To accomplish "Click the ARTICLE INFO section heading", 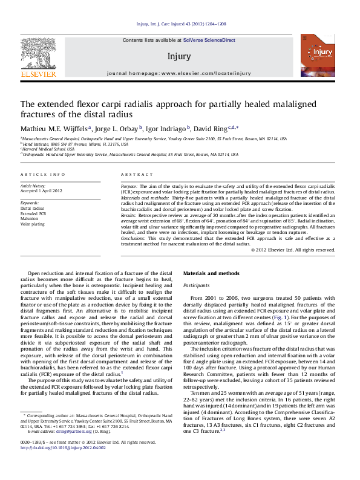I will [x=43, y=174].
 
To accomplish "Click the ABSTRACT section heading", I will [x=136, y=174].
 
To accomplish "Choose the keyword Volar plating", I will [x=32, y=224].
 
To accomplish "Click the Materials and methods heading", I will [x=211, y=291].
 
